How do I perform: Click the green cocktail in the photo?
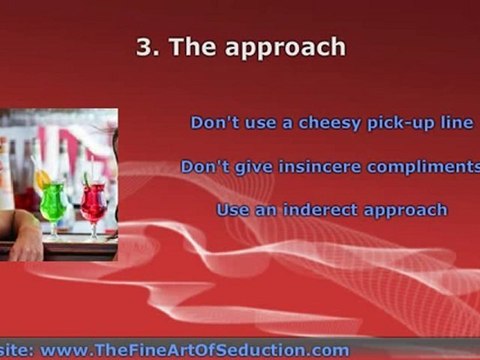click(x=54, y=203)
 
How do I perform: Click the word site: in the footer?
click(x=17, y=350)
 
